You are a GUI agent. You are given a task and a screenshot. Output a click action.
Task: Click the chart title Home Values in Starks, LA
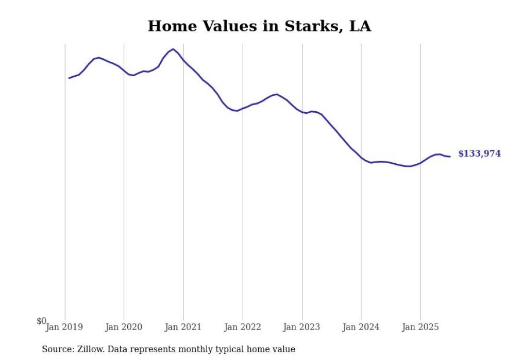[x=259, y=26]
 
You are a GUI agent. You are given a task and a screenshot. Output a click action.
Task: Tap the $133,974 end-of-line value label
[x=479, y=153]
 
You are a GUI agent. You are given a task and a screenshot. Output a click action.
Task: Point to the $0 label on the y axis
[x=41, y=321]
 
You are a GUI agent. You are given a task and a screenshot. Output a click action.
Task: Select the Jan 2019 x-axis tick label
[x=64, y=327]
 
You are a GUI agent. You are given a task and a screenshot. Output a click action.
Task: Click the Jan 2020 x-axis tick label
[x=124, y=327]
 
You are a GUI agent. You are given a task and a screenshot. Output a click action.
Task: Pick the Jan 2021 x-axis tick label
[x=183, y=327]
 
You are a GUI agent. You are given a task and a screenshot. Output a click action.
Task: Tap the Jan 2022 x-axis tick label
[x=243, y=327]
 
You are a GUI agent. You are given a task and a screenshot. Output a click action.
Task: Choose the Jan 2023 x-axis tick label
[x=302, y=327]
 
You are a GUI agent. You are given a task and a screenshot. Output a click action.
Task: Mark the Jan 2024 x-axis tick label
[x=361, y=327]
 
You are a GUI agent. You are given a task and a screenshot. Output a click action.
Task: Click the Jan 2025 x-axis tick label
[x=420, y=327]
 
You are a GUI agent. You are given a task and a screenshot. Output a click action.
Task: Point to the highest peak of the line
[x=173, y=49]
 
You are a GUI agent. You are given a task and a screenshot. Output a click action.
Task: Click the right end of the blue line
[x=450, y=157]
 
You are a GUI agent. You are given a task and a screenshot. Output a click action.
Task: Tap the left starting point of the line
[x=69, y=78]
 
